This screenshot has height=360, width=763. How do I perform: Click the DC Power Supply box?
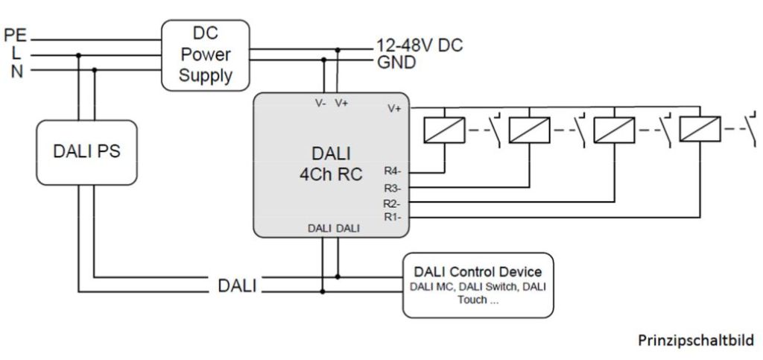[205, 54]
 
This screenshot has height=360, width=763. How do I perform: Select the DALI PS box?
[87, 151]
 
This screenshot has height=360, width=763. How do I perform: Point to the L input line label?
[16, 53]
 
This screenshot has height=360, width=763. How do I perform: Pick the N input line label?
[16, 71]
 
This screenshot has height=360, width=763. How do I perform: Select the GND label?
[396, 63]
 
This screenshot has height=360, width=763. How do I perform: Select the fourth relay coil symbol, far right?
[700, 130]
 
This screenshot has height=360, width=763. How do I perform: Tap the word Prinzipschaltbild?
[695, 341]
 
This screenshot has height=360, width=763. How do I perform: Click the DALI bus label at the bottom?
[237, 285]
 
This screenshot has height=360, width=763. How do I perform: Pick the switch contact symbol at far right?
[749, 128]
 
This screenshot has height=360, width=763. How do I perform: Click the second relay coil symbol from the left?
[529, 130]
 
